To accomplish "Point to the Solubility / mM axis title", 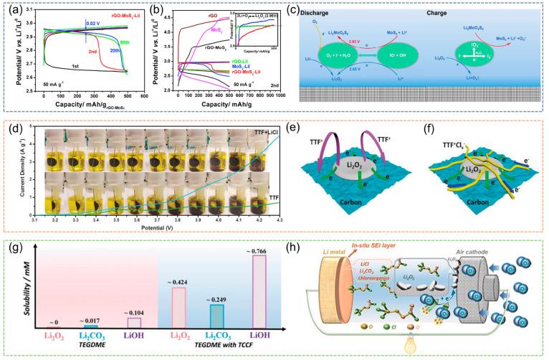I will click(x=14, y=290).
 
